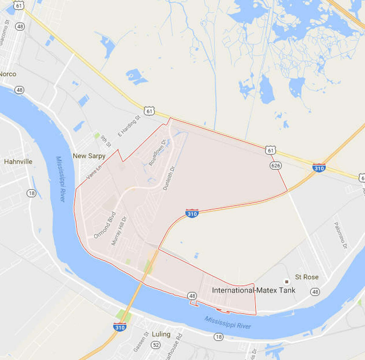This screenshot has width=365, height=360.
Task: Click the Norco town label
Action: click(8, 74)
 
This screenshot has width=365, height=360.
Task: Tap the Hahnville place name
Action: click(18, 162)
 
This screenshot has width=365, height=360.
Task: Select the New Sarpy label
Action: click(89, 156)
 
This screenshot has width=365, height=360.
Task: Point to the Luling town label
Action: click(161, 334)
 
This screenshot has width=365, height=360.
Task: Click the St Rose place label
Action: click(307, 277)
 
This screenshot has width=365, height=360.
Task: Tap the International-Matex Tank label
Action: click(253, 290)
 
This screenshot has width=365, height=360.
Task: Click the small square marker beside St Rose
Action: click(286, 281)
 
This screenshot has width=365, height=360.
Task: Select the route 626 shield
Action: click(275, 166)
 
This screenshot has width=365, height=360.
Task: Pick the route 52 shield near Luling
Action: click(156, 345)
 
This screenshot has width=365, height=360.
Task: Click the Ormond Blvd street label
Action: click(105, 225)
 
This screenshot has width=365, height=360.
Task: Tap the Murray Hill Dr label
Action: click(119, 231)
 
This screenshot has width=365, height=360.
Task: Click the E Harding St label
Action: click(129, 126)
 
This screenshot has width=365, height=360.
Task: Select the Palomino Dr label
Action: click(340, 235)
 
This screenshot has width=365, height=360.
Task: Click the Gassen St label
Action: click(141, 342)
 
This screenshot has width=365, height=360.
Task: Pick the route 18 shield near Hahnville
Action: click(31, 193)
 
